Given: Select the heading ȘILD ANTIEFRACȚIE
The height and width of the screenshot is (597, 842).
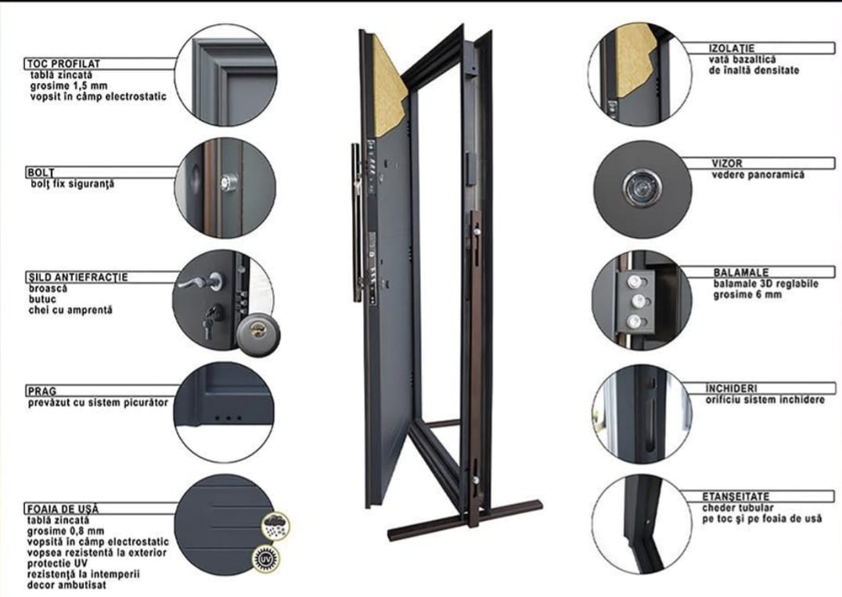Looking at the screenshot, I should tap(77, 277).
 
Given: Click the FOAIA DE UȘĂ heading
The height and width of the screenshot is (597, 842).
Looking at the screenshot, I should tap(63, 509).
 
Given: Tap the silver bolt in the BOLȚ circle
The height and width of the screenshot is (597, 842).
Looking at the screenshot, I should tap(227, 182).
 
